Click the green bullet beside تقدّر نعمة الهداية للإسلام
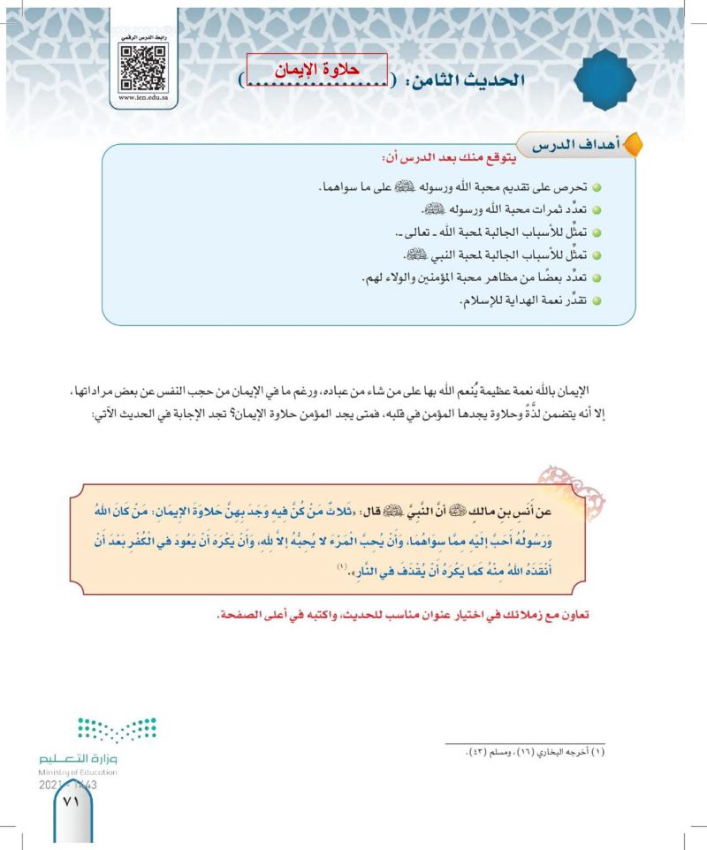597,303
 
